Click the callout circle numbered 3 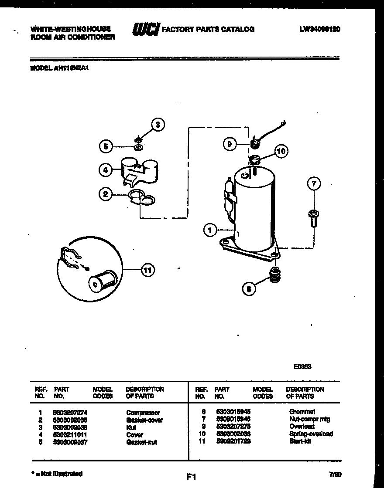(158, 125)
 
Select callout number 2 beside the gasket (106, 194)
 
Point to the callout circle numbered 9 (230, 144)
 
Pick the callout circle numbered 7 (313, 184)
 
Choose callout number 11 (147, 271)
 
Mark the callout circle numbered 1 (210, 230)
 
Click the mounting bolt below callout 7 (313, 217)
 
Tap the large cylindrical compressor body (253, 209)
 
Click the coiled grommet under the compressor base (275, 274)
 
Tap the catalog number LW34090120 (320, 29)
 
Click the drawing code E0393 (302, 366)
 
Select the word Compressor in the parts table (143, 412)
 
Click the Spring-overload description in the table (311, 434)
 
